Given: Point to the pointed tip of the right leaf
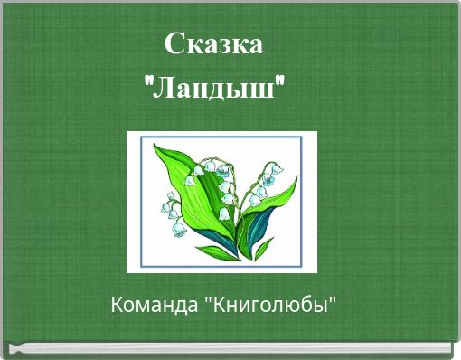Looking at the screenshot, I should pyautogui.click(x=295, y=188).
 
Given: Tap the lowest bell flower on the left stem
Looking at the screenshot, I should pyautogui.click(x=178, y=231).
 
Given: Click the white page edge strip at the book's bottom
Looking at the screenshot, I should pyautogui.click(x=230, y=346).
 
